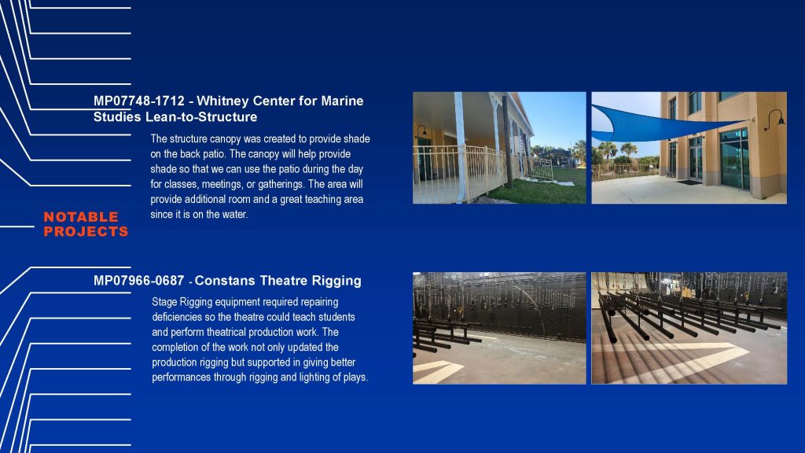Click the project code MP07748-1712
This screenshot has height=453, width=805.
[x=138, y=101]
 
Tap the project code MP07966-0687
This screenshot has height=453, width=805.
[x=138, y=281]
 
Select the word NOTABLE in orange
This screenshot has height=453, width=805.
[x=81, y=217]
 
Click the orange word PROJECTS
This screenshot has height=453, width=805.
[x=86, y=232]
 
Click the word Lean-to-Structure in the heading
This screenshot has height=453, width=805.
[x=201, y=117]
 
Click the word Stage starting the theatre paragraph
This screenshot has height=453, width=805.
[x=164, y=302]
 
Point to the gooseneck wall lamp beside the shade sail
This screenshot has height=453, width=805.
[x=774, y=120]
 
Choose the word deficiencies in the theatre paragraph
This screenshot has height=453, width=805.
[x=175, y=317]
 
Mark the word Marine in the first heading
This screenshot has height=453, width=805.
[x=343, y=101]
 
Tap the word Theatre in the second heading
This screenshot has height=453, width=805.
[x=283, y=281]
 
